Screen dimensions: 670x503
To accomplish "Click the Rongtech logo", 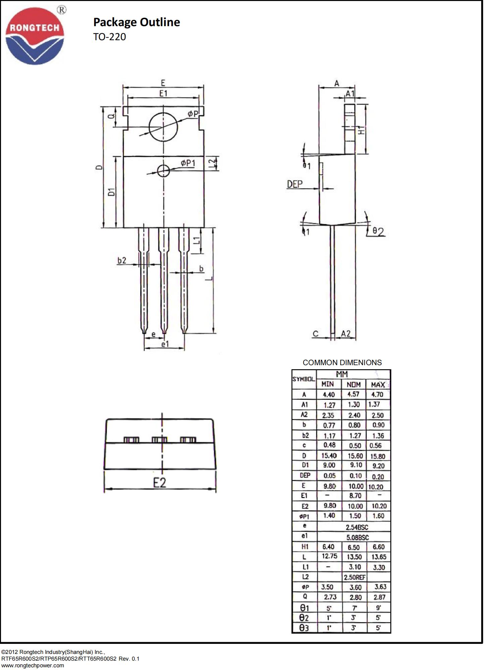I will pos(35,36).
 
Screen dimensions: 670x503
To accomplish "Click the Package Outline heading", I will pos(136,22).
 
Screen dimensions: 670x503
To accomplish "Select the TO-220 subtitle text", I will pos(109,37).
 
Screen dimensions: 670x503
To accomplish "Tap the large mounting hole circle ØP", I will pos(163,127).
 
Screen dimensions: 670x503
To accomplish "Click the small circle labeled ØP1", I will pos(163,171).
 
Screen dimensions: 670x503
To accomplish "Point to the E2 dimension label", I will pos(160,483).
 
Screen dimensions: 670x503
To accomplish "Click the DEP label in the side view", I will pos(294,184).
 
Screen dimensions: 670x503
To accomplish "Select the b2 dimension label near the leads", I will pos(122,260).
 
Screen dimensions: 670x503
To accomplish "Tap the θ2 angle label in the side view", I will pos(378,231).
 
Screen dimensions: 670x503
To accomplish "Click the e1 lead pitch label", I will pos(165,344).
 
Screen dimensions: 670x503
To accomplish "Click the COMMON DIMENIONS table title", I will pos(342,362).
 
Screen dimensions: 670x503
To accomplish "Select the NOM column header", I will pos(354,384).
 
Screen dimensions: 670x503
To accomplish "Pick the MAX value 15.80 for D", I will pos(378,456).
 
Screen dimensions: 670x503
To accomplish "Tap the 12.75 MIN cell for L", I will pos(329,556).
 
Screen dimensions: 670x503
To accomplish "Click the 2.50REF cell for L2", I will pos(354,577).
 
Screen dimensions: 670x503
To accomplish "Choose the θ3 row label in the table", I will pos(304,628).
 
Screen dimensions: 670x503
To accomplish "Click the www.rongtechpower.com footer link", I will pos(33,665).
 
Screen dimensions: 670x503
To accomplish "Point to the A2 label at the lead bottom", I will pos(346,333).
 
